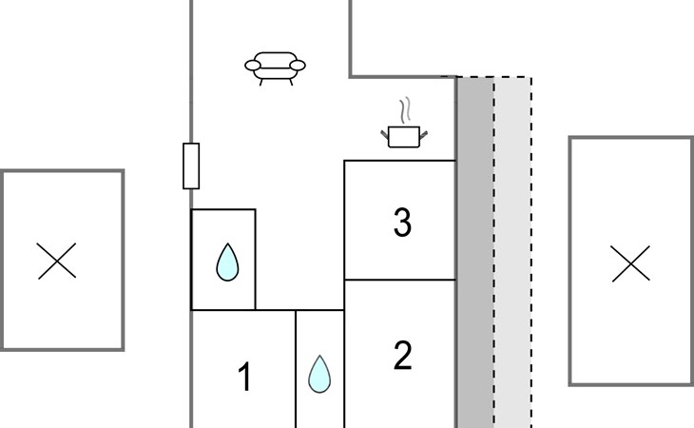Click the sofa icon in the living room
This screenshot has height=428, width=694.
pos(275,68)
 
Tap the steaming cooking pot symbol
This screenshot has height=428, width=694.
pos(404,124)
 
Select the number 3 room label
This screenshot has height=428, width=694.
pos(402,223)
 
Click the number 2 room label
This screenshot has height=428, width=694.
pos(402,355)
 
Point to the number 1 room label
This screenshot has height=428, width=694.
pos(244,377)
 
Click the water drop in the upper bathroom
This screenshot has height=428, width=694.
pos(227,263)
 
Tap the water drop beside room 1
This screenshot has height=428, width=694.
pos(319,374)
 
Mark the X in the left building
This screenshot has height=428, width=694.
pos(57,261)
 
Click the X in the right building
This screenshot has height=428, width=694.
pos(630,263)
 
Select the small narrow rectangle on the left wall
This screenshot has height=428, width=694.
pos(191,166)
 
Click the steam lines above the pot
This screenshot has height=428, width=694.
pos(405,111)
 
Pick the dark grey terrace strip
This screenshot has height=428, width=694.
pos(475,252)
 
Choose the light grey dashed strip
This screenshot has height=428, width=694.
pos(513,252)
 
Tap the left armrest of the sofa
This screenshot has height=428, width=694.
pos(252,66)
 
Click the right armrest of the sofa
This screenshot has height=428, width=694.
pos(298,66)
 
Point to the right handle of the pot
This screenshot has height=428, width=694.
pos(424,134)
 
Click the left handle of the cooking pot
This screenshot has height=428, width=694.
pos(385,134)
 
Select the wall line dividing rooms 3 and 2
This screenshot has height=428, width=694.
pos(400,280)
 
